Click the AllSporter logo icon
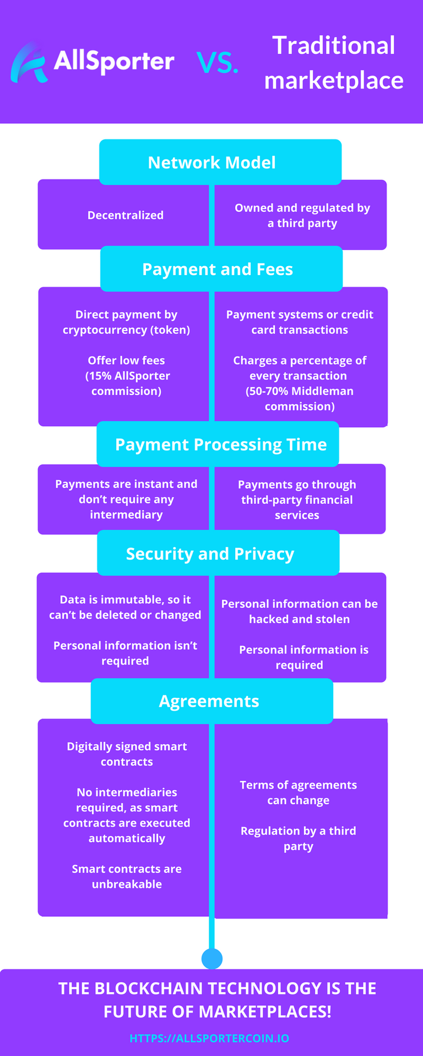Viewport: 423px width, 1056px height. (x=29, y=63)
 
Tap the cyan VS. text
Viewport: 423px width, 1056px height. (x=218, y=63)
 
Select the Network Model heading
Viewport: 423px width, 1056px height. (x=212, y=162)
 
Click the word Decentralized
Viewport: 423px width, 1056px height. (x=126, y=215)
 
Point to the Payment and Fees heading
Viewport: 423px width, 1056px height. (x=218, y=269)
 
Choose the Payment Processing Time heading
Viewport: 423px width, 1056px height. (x=221, y=444)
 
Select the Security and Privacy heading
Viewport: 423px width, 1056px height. (x=210, y=554)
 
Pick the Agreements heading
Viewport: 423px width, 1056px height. (x=209, y=701)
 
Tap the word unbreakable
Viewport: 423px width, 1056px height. (x=127, y=884)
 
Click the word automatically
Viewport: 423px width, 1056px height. (x=127, y=839)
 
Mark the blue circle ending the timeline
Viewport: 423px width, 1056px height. (x=212, y=959)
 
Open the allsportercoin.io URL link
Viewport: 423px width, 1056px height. (x=209, y=1038)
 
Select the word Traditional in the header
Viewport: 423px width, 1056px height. (x=334, y=46)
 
